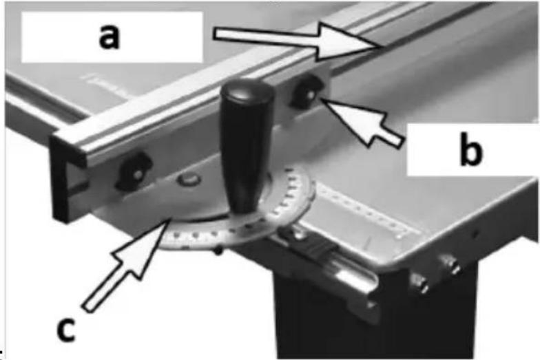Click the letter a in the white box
[x=109, y=37]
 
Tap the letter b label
[x=471, y=149]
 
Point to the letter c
[x=65, y=330]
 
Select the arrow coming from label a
[x=297, y=41]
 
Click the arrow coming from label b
[x=362, y=120]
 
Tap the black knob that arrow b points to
[x=306, y=92]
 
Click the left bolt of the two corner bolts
[x=419, y=282]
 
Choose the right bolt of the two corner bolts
[x=452, y=264]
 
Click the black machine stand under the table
[x=375, y=313]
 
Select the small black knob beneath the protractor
[x=218, y=252]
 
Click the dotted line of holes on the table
[x=365, y=209]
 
